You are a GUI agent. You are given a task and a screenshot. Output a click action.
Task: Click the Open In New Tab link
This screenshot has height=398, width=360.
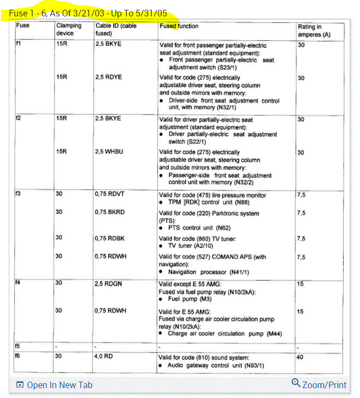point(54,385)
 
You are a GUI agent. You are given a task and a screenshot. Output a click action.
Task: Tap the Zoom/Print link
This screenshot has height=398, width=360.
point(320,384)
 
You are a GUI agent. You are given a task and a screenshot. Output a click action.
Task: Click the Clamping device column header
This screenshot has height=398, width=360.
point(69,29)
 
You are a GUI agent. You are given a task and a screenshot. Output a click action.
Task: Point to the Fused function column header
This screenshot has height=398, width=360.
point(179,26)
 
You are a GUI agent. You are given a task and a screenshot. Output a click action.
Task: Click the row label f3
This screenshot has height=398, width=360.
point(19,194)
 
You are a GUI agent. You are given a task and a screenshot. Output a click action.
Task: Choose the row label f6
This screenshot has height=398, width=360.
point(19,356)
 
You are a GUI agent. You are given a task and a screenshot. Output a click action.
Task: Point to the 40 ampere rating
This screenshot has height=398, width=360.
point(301,357)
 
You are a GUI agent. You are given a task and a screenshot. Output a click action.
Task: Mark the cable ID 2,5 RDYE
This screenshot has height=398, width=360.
point(108,78)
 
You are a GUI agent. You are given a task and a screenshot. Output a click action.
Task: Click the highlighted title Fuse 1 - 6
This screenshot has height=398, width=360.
point(88,12)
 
